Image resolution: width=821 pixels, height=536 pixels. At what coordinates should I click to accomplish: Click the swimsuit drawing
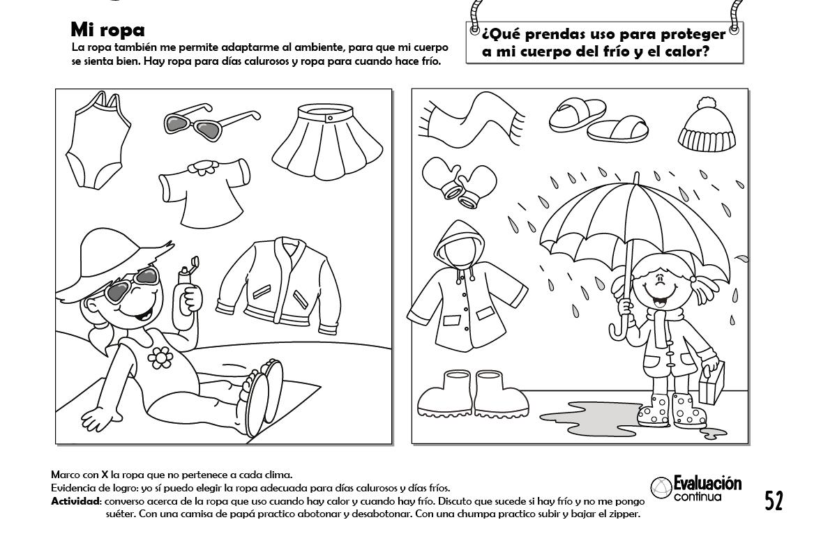(x=97, y=141)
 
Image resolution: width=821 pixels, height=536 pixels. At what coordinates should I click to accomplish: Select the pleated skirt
(x=328, y=142)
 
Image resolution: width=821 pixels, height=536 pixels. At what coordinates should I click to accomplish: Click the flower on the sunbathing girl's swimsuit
(x=160, y=358)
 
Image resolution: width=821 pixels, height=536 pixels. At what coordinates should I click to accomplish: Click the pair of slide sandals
(x=598, y=121)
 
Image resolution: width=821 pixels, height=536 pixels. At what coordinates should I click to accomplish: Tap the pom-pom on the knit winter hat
(x=707, y=104)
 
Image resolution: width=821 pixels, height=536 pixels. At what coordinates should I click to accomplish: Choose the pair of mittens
(x=459, y=182)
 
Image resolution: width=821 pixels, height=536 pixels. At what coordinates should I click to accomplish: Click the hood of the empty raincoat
(x=459, y=244)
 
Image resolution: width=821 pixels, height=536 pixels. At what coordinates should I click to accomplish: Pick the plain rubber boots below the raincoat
(x=473, y=394)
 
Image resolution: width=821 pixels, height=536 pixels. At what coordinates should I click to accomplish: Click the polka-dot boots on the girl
(x=671, y=410)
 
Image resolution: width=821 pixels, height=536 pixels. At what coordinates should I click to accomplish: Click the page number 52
(x=774, y=500)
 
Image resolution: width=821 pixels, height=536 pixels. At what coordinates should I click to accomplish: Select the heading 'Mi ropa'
(x=108, y=30)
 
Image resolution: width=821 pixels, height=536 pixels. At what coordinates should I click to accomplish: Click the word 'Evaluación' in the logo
(x=707, y=483)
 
